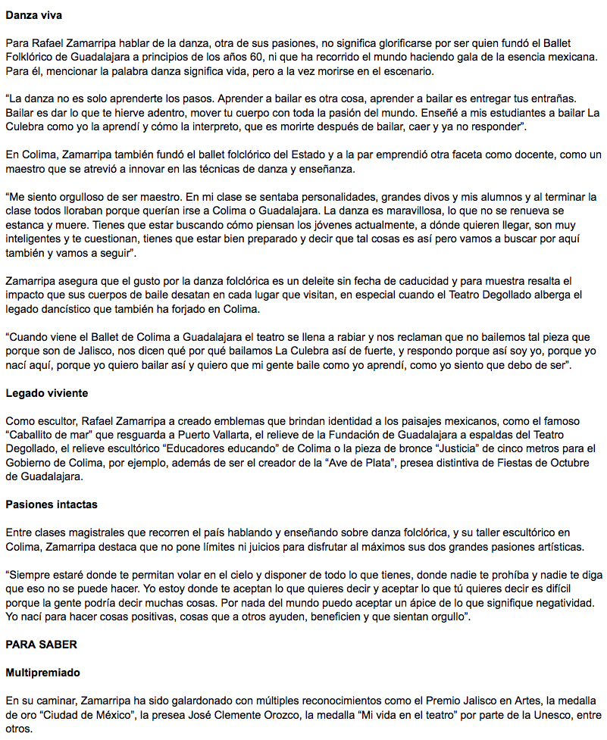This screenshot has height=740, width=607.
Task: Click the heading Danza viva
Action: (x=34, y=14)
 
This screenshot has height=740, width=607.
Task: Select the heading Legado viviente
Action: (x=46, y=393)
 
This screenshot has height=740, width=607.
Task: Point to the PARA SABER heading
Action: (x=42, y=645)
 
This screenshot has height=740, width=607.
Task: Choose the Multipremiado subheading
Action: (x=43, y=672)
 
